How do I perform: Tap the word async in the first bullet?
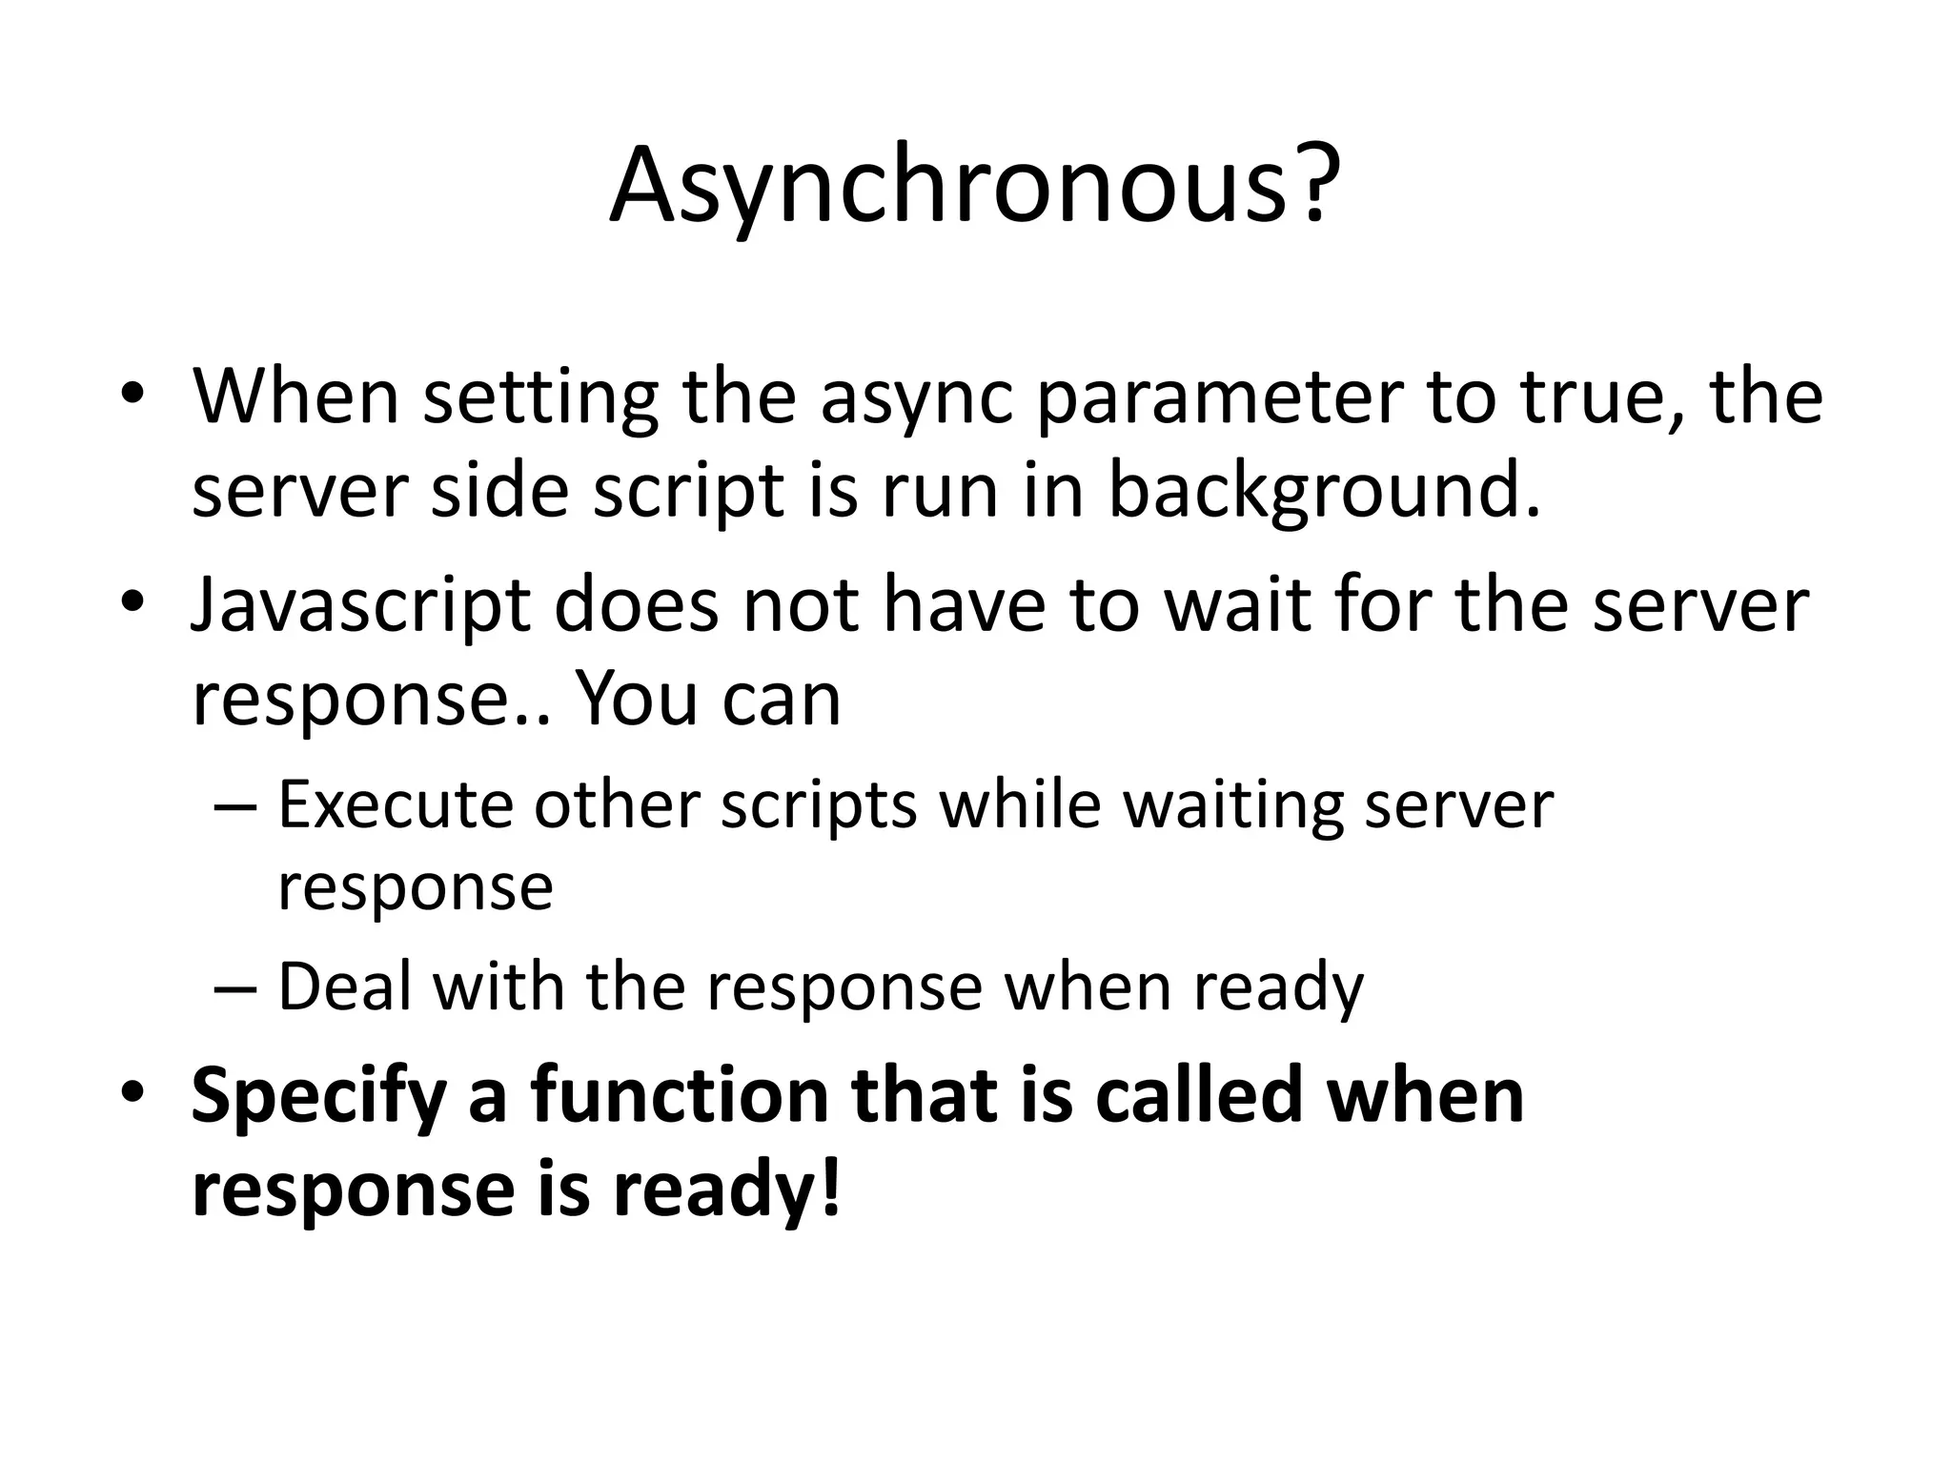click(x=916, y=398)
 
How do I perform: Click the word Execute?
click(x=394, y=805)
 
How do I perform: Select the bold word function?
click(x=680, y=1096)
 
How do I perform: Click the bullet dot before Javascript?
click(x=133, y=604)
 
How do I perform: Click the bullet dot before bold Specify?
click(x=133, y=1092)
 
